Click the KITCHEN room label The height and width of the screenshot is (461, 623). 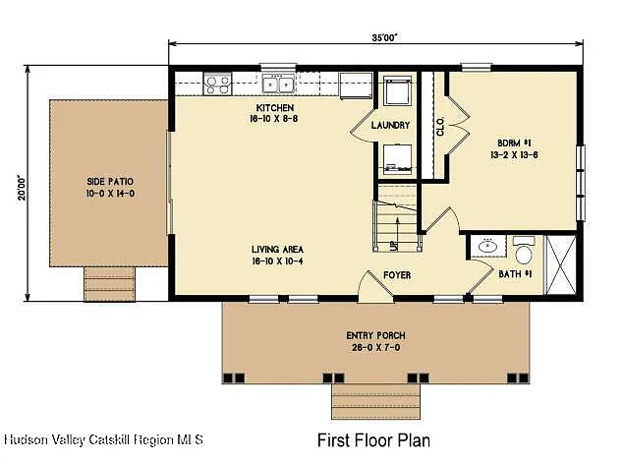(275, 107)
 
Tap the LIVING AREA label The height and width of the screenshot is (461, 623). (275, 251)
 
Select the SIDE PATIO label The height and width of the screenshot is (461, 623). (110, 182)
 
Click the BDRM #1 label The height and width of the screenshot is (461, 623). (513, 142)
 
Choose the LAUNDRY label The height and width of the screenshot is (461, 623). (389, 125)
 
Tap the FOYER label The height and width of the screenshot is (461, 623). (397, 274)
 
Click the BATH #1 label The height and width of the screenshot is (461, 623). (515, 273)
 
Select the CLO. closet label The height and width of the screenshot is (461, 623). (440, 125)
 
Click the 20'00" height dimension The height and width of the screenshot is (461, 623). (21, 187)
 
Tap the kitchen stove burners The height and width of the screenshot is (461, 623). (217, 85)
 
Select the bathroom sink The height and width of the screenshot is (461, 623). (485, 247)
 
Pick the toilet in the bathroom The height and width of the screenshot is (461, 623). (524, 245)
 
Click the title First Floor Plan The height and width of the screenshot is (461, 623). (372, 439)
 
